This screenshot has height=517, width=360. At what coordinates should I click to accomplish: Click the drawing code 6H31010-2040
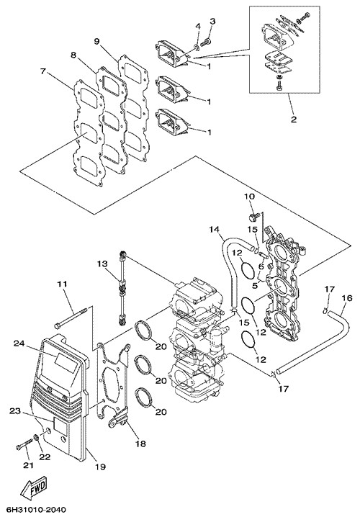(x=33, y=509)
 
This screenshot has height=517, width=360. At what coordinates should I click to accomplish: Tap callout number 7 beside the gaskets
(x=42, y=71)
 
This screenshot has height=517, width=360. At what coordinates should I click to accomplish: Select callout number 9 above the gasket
(x=96, y=41)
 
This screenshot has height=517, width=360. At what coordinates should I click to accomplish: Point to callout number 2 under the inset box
(x=294, y=119)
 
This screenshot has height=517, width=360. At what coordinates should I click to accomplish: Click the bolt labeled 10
(x=253, y=217)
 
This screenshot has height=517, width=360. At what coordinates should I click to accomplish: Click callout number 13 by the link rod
(x=102, y=264)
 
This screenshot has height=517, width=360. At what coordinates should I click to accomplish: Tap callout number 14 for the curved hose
(x=215, y=229)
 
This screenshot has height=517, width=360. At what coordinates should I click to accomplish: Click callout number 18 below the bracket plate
(x=140, y=444)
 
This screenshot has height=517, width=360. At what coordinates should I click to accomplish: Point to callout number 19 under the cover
(x=100, y=467)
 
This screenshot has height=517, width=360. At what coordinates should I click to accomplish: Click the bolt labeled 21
(x=22, y=446)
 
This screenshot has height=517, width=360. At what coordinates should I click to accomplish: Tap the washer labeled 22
(x=35, y=439)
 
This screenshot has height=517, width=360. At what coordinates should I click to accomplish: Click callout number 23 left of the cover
(x=15, y=411)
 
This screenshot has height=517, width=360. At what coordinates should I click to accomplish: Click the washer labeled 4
(x=197, y=48)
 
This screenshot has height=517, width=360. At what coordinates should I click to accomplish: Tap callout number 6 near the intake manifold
(x=261, y=265)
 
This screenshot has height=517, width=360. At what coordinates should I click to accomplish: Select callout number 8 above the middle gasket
(x=73, y=55)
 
